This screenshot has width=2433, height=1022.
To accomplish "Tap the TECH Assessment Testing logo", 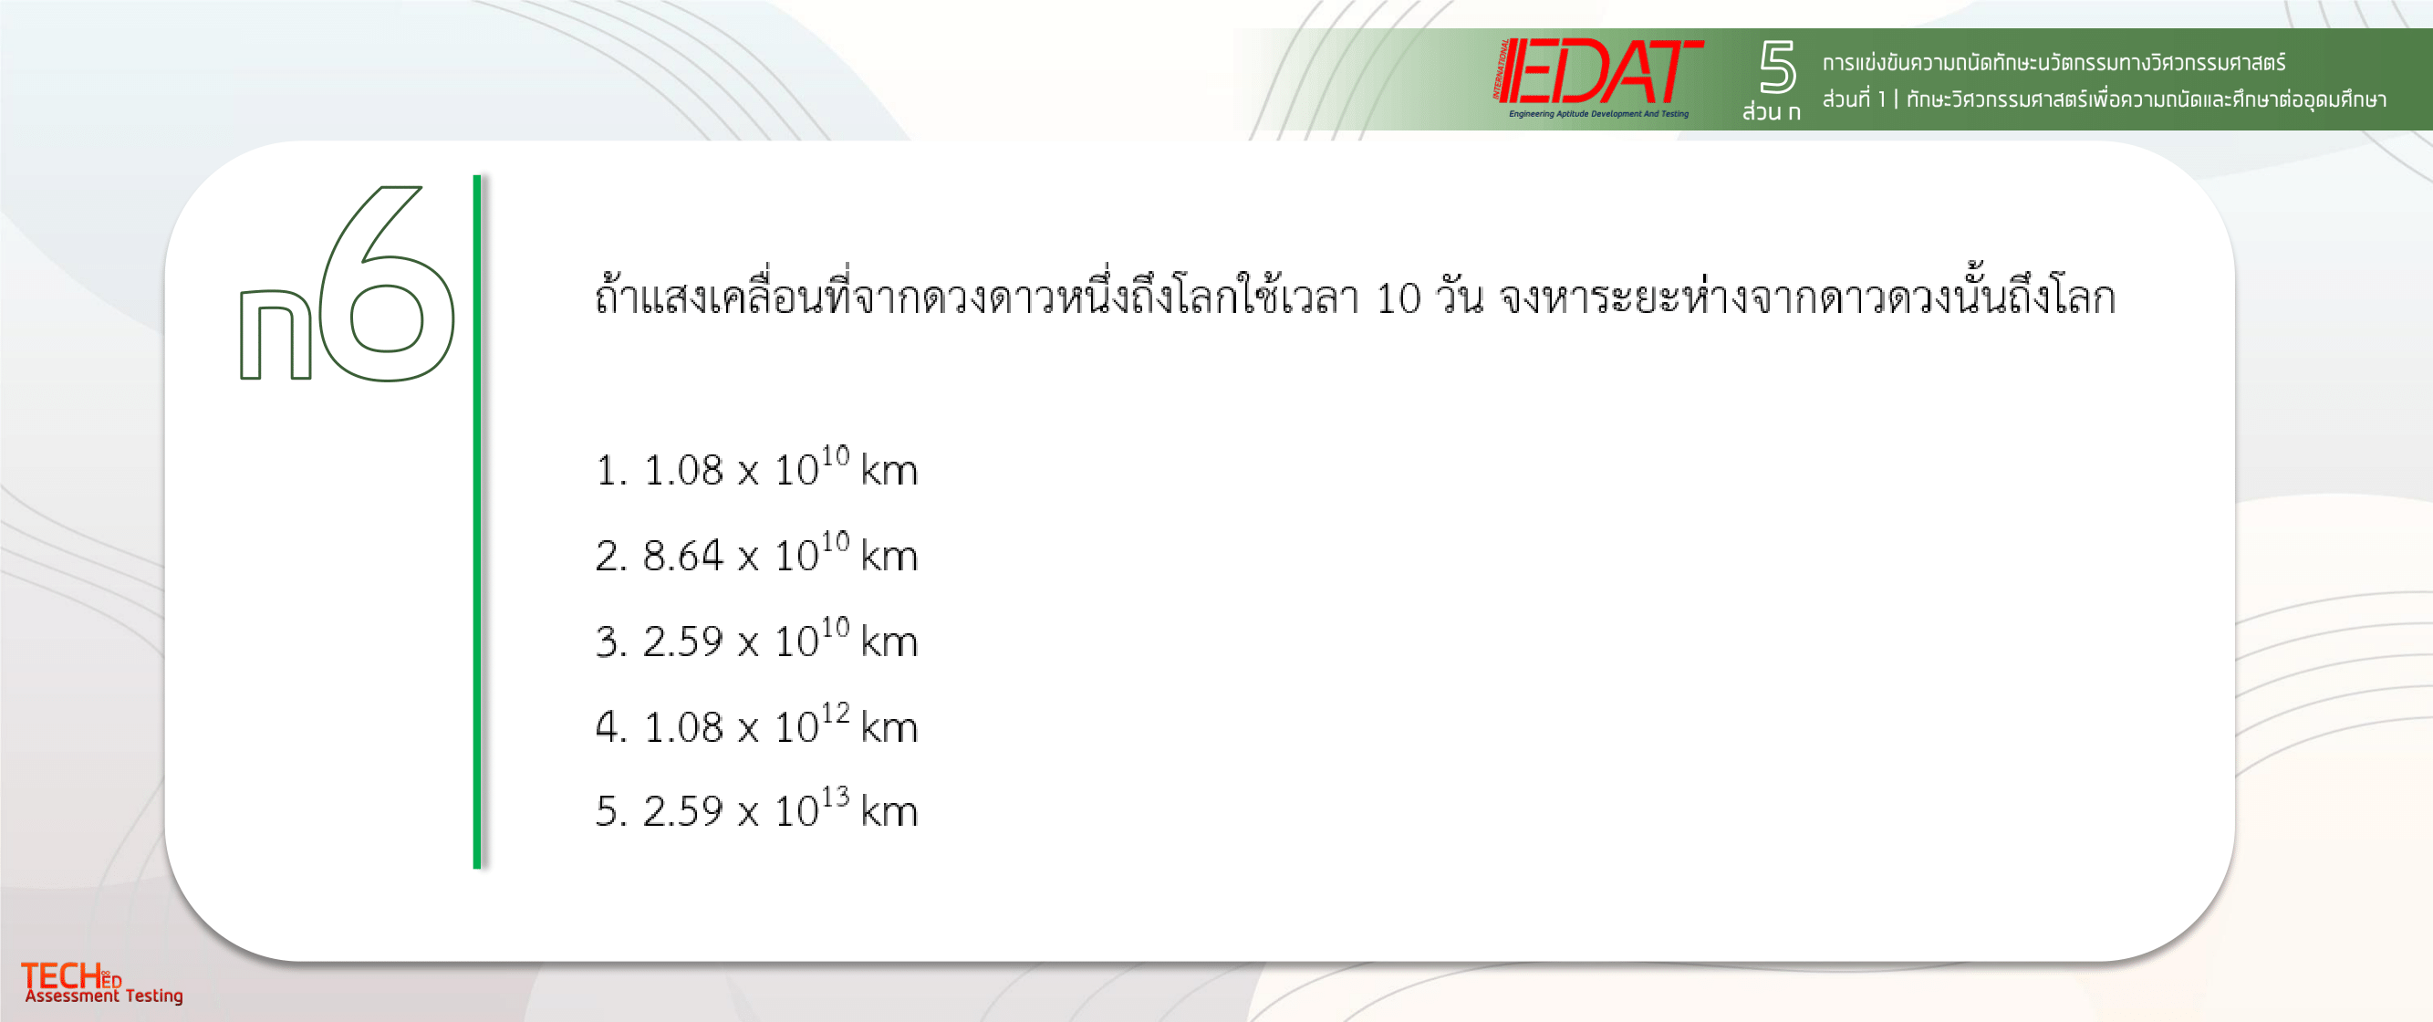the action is tap(102, 983).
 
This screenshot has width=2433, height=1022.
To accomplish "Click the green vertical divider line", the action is tap(477, 521).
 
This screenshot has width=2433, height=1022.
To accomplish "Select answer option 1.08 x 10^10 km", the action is tap(756, 466).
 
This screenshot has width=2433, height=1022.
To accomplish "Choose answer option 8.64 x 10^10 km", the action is tap(756, 553).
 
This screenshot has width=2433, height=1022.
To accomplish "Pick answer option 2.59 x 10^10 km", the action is tap(756, 639).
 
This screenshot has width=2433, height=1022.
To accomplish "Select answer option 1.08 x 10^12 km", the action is tap(756, 724).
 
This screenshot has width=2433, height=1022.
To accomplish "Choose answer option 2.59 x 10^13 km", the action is tap(756, 808).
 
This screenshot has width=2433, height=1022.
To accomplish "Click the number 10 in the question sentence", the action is tap(1398, 299).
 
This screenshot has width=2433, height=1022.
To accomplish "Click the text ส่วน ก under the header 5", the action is tap(1772, 111).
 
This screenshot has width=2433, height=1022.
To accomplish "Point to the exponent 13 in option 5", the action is tap(835, 797).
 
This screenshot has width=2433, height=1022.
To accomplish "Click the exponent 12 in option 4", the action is tap(835, 712).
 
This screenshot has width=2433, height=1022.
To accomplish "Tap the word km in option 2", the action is tap(889, 557).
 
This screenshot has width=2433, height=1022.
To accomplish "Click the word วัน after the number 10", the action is tap(1460, 296).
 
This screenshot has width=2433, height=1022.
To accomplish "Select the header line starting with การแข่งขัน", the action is tap(2054, 62).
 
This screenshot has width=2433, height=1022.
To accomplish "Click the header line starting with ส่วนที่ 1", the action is tap(2105, 99).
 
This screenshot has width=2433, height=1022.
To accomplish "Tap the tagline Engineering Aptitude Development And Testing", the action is tap(1599, 114).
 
